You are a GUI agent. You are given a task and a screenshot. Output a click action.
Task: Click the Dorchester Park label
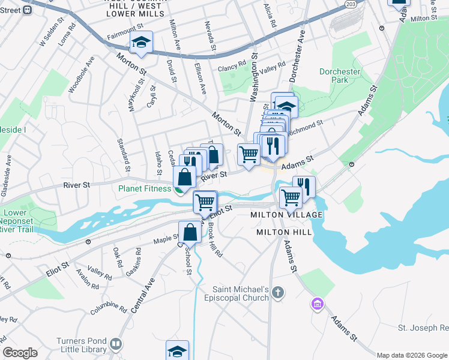(339, 76)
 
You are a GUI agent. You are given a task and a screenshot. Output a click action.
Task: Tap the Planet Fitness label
(145, 188)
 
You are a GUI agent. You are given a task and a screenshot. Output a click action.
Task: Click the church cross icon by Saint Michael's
(277, 293)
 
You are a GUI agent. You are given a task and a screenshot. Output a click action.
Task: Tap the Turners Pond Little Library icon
(116, 345)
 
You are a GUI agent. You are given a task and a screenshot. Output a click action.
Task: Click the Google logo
(20, 353)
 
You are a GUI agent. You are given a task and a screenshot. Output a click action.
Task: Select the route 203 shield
(351, 4)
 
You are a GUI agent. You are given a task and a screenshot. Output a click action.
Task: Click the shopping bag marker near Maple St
(190, 232)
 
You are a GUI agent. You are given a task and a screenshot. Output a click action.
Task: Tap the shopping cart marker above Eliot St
(205, 202)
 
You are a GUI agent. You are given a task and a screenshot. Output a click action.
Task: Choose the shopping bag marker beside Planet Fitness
(185, 178)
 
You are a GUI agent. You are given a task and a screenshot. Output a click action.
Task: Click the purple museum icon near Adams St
(316, 304)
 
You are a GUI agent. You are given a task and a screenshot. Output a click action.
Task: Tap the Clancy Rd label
(232, 63)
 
